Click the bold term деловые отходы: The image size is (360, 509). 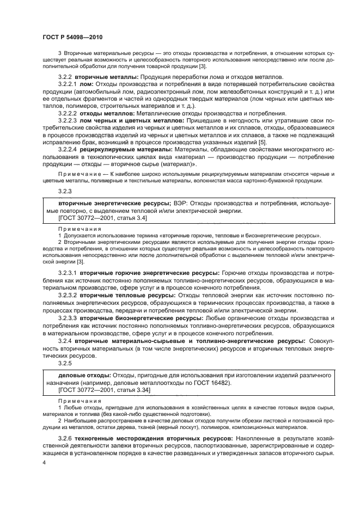[84, 375]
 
